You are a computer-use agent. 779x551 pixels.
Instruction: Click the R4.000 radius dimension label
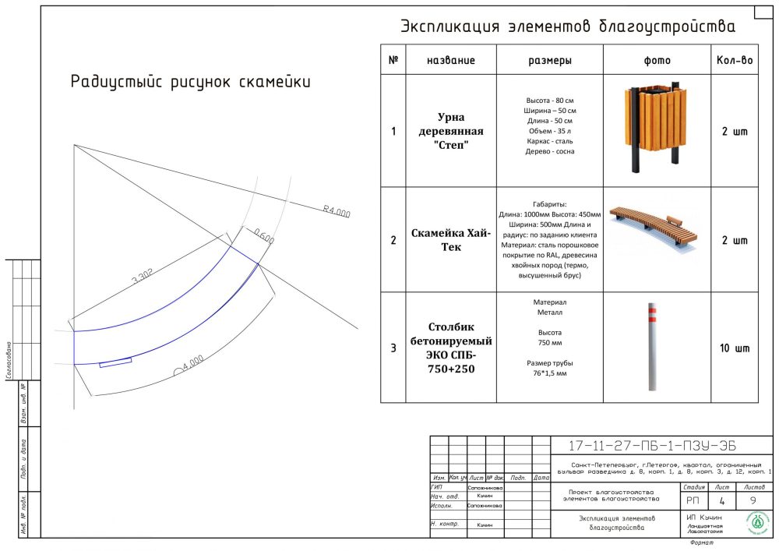(x=336, y=211)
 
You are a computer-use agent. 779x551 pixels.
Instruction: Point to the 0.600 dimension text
(x=264, y=235)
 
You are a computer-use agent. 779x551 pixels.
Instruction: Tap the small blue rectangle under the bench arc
(x=115, y=362)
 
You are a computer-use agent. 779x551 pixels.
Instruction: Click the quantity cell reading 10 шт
(x=734, y=348)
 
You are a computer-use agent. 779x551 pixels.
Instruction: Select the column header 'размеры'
(x=549, y=60)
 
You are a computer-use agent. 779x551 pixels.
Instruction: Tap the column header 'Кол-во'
(x=734, y=60)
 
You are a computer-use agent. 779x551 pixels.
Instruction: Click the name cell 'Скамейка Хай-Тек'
(x=450, y=240)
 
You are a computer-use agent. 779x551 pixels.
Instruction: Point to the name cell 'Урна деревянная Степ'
(x=450, y=131)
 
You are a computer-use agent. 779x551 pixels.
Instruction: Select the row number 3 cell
(x=393, y=348)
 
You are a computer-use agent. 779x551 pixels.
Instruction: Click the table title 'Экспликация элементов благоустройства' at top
(x=567, y=27)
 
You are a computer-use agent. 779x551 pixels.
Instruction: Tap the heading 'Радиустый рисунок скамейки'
(x=190, y=82)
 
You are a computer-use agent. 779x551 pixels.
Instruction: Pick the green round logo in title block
(x=756, y=524)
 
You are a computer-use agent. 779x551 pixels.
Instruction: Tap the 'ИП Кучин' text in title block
(x=704, y=517)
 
